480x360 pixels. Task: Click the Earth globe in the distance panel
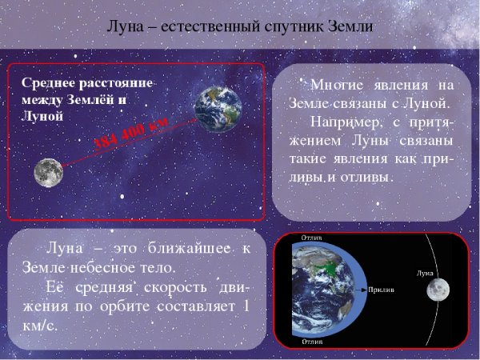coord(218,109)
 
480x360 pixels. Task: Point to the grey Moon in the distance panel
coord(48,172)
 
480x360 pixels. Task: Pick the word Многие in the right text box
coord(336,86)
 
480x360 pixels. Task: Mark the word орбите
coord(142,306)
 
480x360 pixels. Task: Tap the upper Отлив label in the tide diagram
coord(313,239)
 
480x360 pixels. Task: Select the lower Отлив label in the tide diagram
coord(313,341)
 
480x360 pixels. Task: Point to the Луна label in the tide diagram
coord(425,273)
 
